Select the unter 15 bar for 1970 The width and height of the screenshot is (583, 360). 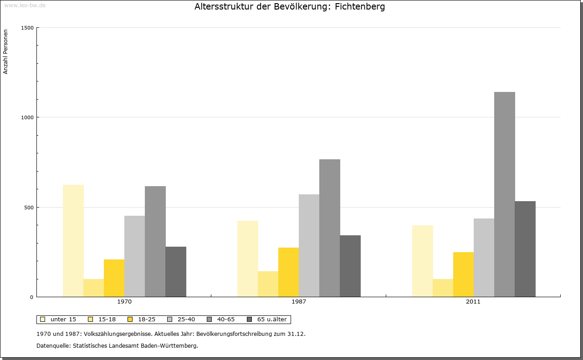[x=73, y=241]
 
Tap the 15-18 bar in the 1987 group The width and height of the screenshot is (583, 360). [x=268, y=284]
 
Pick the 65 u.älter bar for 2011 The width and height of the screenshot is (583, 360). [x=525, y=249]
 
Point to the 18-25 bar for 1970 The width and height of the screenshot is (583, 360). [x=114, y=278]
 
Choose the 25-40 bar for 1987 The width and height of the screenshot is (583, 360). [x=309, y=246]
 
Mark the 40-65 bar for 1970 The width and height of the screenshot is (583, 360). [x=155, y=241]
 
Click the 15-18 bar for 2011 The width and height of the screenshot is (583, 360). [x=443, y=288]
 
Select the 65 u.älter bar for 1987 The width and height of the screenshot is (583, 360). [x=350, y=266]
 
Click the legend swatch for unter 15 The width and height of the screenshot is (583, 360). [x=43, y=319]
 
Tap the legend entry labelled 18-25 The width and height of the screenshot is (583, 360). [x=147, y=319]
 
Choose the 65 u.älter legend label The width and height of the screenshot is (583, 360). [x=272, y=319]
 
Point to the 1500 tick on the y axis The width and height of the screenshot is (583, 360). [x=28, y=28]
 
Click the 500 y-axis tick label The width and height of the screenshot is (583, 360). [x=28, y=208]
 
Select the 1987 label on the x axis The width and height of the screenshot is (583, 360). [x=299, y=302]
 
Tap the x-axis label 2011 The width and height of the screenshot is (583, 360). [x=473, y=302]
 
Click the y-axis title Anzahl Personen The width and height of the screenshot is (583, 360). [x=6, y=52]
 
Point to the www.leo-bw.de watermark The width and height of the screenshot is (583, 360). [x=25, y=5]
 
